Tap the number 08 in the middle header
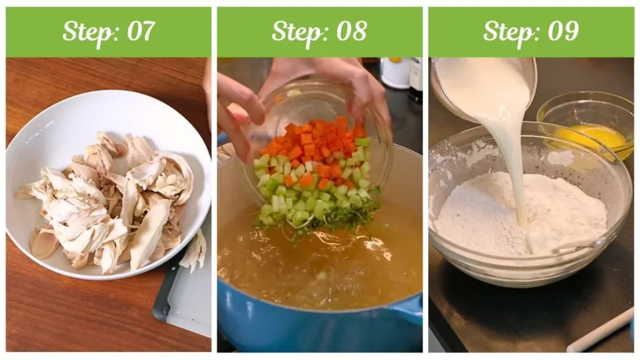351,31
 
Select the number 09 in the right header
562,31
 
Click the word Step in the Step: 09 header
507,31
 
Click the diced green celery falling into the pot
300,200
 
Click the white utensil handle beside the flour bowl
600,331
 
